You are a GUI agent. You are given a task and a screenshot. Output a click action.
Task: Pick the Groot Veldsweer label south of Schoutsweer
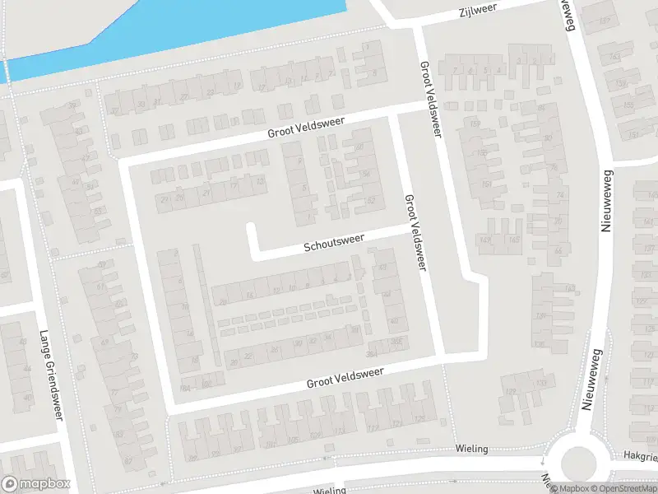(x=345, y=378)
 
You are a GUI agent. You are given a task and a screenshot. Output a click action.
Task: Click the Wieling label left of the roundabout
(x=472, y=449)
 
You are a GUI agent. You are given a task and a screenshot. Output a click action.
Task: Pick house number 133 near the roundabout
(x=541, y=384)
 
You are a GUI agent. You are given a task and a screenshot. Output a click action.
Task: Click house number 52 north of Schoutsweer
(x=372, y=200)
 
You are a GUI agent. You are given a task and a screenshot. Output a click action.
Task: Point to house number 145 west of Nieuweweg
(x=513, y=240)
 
